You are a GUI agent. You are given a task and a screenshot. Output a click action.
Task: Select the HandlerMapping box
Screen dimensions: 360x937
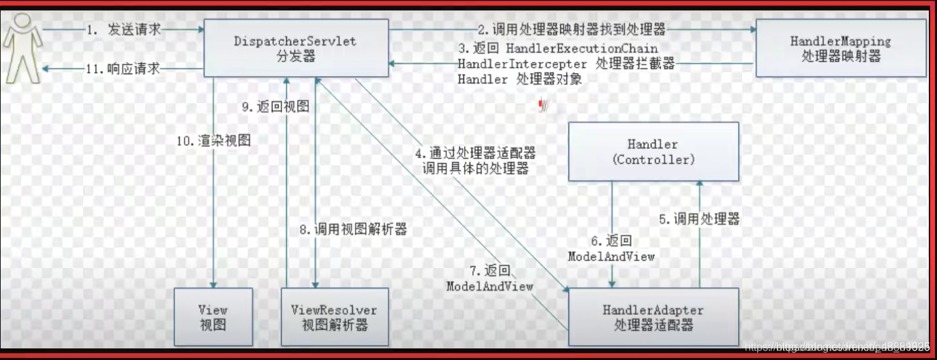[840, 48]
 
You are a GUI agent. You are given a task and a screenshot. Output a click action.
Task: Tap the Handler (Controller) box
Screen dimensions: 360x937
[653, 151]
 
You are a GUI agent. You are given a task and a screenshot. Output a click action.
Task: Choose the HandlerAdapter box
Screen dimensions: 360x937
[653, 317]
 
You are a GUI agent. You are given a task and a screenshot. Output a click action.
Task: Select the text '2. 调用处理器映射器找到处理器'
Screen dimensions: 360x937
[570, 30]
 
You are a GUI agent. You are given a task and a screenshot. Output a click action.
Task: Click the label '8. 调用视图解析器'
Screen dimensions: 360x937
[353, 230]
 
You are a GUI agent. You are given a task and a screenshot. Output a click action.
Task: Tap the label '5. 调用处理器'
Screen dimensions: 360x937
[698, 219]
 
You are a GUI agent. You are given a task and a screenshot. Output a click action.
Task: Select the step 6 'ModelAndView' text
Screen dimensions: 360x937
[611, 256]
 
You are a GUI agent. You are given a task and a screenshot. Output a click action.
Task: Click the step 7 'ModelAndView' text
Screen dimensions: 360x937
[489, 286]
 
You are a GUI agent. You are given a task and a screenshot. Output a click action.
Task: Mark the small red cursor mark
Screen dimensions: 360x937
[544, 105]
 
